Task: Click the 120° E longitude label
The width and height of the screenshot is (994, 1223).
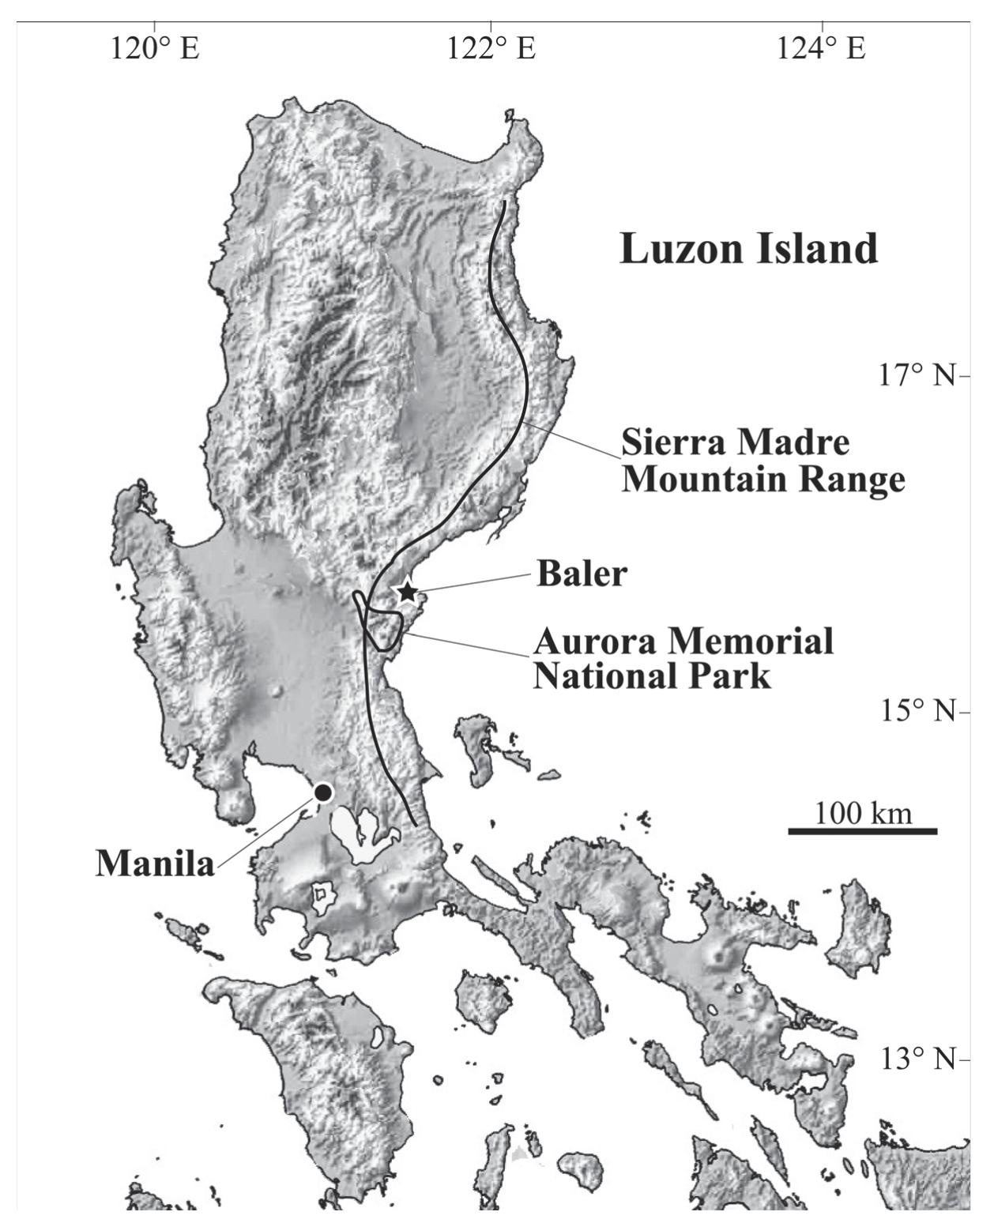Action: pyautogui.click(x=155, y=48)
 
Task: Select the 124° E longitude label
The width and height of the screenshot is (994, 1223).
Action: pyautogui.click(x=821, y=48)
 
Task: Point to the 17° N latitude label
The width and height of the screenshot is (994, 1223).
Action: pyautogui.click(x=917, y=374)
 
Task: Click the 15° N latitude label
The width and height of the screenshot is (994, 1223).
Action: pyautogui.click(x=917, y=711)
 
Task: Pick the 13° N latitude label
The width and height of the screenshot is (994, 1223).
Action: pyautogui.click(x=917, y=1059)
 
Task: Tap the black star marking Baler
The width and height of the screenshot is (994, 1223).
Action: pyautogui.click(x=406, y=591)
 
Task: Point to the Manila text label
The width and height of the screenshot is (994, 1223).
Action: pyautogui.click(x=155, y=864)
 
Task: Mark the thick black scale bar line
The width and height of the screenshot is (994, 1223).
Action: pyautogui.click(x=862, y=831)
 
